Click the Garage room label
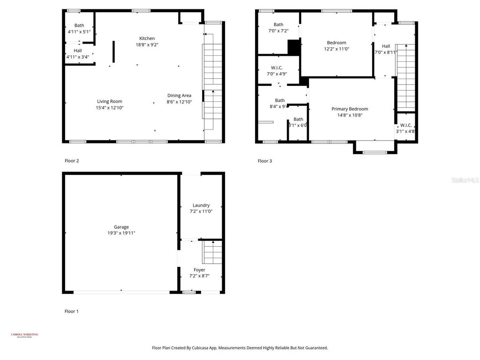pyautogui.click(x=121, y=227)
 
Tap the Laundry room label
pyautogui.click(x=201, y=205)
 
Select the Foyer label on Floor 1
pyautogui.click(x=199, y=270)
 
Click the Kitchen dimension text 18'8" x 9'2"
pyautogui.click(x=147, y=45)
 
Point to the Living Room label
pyautogui.click(x=110, y=101)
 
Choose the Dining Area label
pyautogui.click(x=179, y=96)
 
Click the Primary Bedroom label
pyautogui.click(x=350, y=109)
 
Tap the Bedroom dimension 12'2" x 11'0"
pyautogui.click(x=337, y=49)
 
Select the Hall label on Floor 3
pyautogui.click(x=386, y=46)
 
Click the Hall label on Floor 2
pyautogui.click(x=77, y=51)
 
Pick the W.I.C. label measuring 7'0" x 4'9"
pyautogui.click(x=277, y=67)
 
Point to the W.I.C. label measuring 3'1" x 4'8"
pyautogui.click(x=406, y=125)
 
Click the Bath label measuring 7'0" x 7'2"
pyautogui.click(x=278, y=25)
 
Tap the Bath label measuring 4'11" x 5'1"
pyautogui.click(x=79, y=25)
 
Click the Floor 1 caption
pyautogui.click(x=72, y=311)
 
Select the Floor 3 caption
pyautogui.click(x=265, y=161)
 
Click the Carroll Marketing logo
pyautogui.click(x=24, y=335)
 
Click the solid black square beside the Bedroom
pyautogui.click(x=293, y=47)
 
